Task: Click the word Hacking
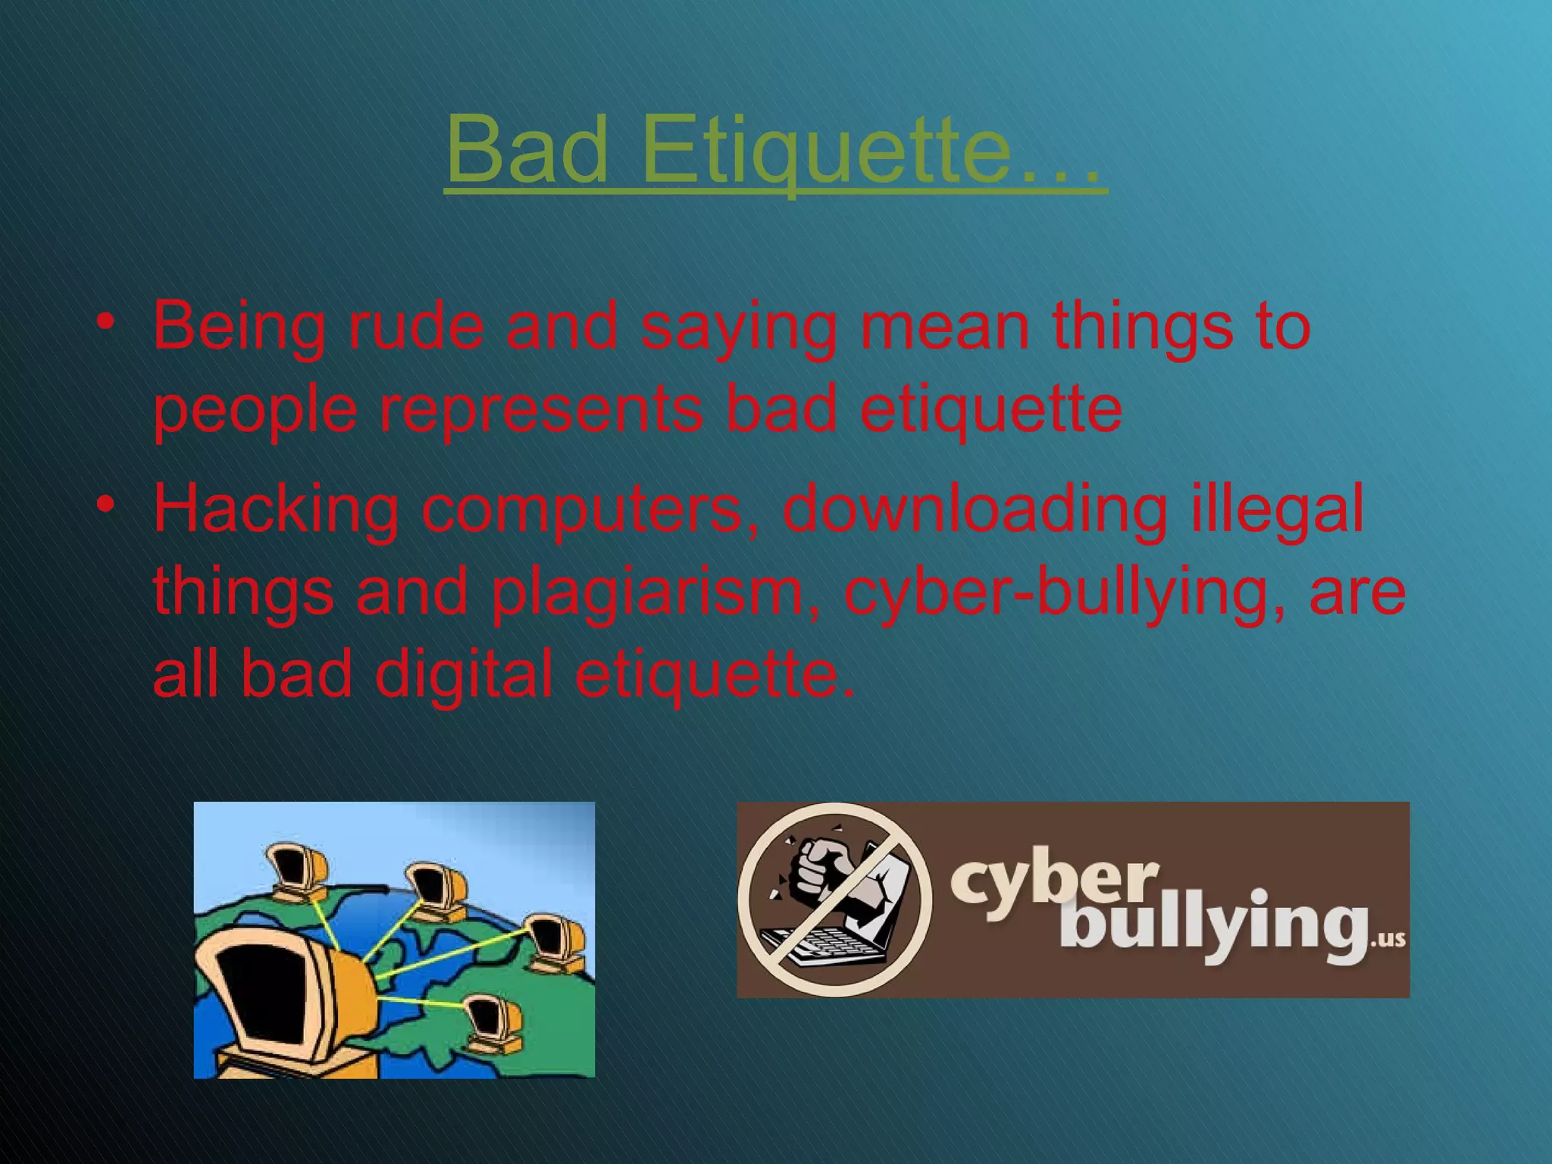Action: pos(276,509)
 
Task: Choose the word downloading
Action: pos(974,509)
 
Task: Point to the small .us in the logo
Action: pos(1389,940)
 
